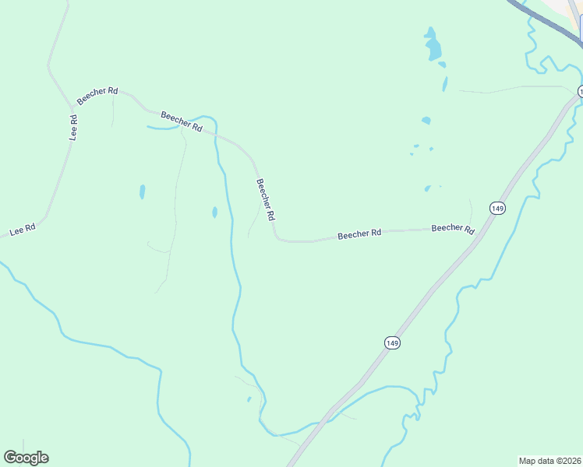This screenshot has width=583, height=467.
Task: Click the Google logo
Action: pyautogui.click(x=26, y=458)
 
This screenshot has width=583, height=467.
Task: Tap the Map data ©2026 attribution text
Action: pyautogui.click(x=549, y=460)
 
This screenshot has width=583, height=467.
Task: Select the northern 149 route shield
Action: pyautogui.click(x=498, y=208)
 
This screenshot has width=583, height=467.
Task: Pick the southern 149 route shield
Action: pyautogui.click(x=392, y=342)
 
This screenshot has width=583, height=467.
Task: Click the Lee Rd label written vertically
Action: pyautogui.click(x=73, y=127)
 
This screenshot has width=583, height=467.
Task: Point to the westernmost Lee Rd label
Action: pyautogui.click(x=23, y=231)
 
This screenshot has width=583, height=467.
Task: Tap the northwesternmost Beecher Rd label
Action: pyautogui.click(x=97, y=97)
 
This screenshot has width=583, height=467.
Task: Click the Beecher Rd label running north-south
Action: pyautogui.click(x=266, y=198)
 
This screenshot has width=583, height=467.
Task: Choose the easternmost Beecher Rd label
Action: pyautogui.click(x=453, y=229)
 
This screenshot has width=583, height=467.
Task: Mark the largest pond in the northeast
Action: pyautogui.click(x=432, y=47)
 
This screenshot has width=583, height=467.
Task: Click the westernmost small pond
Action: pyautogui.click(x=142, y=191)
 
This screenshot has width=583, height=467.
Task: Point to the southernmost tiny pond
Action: pyautogui.click(x=249, y=399)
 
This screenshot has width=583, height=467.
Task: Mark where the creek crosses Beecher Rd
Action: pyautogui.click(x=217, y=133)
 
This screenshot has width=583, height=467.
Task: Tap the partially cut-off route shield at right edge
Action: pyautogui.click(x=580, y=91)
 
